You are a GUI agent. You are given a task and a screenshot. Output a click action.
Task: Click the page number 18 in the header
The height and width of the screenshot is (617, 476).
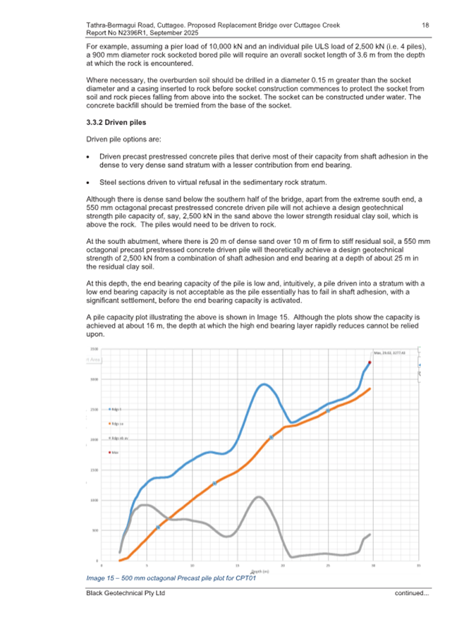(425, 25)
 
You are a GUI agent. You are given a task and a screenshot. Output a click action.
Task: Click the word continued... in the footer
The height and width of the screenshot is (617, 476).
(412, 594)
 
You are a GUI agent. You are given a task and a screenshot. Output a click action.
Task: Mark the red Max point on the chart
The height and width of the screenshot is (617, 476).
(369, 362)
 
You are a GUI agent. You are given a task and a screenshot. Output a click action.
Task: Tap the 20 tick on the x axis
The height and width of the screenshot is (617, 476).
(283, 566)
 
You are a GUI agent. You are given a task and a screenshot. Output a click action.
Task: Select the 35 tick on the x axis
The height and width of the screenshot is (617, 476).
(418, 566)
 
